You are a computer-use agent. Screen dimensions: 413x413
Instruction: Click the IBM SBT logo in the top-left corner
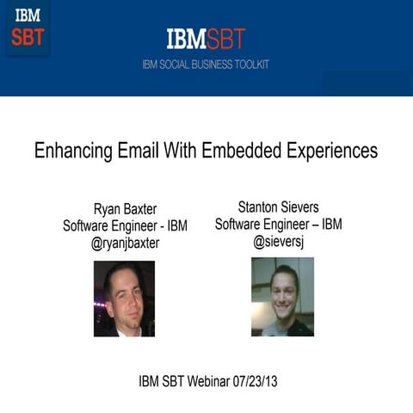(x=28, y=28)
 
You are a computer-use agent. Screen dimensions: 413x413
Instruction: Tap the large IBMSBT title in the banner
(x=206, y=38)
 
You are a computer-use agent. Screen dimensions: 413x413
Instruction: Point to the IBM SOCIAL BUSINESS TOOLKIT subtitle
(x=206, y=64)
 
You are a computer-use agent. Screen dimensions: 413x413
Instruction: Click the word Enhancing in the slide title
(x=71, y=151)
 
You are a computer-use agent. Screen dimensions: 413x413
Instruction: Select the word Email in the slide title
(x=135, y=151)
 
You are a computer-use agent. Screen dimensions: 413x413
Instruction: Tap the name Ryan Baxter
(x=126, y=209)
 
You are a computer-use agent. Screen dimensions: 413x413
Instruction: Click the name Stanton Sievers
(x=279, y=206)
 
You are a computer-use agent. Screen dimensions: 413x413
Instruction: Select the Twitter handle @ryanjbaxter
(x=126, y=243)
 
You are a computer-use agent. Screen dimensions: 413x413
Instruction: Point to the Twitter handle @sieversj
(x=279, y=242)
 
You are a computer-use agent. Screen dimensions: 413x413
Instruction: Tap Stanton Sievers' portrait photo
(x=282, y=296)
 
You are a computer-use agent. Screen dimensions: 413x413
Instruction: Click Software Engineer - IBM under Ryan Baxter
(x=126, y=226)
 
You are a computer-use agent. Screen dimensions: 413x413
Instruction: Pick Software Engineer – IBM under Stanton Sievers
(x=279, y=224)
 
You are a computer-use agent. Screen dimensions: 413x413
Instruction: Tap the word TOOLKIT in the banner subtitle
(x=251, y=64)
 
